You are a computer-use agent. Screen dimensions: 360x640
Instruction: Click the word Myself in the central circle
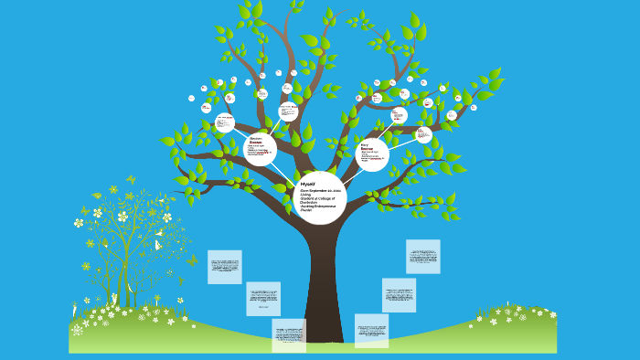(307, 184)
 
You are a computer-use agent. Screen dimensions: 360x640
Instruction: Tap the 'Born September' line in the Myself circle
(320, 190)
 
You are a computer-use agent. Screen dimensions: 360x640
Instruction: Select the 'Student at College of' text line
(318, 198)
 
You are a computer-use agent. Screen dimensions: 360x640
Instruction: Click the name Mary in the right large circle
(364, 144)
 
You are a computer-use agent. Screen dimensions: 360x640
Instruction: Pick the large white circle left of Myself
(260, 149)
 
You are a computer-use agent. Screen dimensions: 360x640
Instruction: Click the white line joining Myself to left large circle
(285, 172)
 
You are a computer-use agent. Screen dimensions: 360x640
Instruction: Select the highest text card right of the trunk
(422, 257)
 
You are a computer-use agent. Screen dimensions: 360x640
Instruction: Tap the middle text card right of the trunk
(399, 295)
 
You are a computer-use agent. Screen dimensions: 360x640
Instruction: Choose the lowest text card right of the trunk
(371, 330)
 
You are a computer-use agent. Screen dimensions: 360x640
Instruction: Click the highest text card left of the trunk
(225, 267)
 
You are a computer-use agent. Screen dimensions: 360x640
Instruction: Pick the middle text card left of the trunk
(263, 299)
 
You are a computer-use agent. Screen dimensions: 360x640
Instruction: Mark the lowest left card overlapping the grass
(289, 334)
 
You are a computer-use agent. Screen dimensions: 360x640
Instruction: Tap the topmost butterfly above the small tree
(131, 179)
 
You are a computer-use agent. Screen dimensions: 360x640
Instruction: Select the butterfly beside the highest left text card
(192, 261)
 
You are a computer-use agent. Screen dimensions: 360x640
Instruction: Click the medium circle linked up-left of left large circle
(224, 122)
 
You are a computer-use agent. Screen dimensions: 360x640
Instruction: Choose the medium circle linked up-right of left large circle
(288, 112)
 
